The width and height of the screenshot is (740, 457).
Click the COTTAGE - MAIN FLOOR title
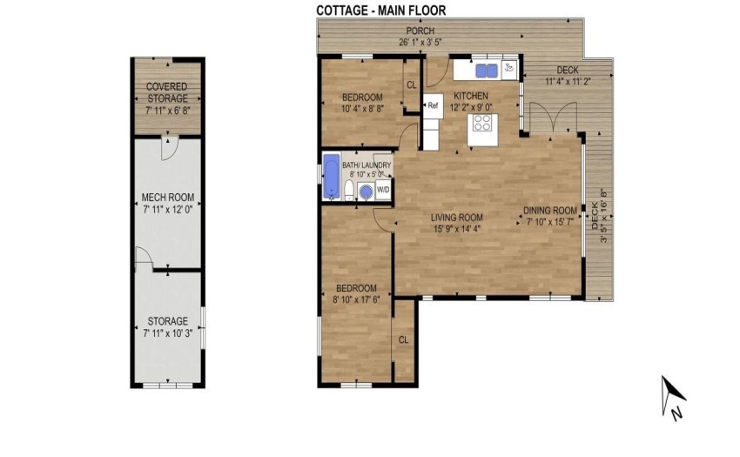coord(380,10)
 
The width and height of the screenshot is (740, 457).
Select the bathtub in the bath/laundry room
coord(332,177)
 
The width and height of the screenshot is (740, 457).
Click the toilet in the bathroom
coord(349,192)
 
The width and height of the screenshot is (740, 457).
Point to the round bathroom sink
coord(366,192)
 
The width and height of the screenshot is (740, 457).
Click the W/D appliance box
coord(383,190)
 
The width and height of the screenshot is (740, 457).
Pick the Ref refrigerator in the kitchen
coord(433,105)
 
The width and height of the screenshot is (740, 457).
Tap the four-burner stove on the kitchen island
coord(483,123)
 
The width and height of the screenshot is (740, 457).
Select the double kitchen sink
coord(487,71)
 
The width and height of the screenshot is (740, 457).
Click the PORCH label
coord(420,31)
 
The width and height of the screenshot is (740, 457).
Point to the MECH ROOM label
coord(168,198)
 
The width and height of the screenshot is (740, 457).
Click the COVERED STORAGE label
coord(167,92)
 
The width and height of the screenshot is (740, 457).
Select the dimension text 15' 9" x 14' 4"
coord(457,230)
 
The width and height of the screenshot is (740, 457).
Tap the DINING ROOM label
coord(550,211)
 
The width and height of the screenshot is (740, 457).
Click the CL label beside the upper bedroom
coord(412,85)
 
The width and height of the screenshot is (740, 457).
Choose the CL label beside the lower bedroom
coord(403,339)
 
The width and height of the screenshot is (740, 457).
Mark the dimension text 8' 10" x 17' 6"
coord(356,299)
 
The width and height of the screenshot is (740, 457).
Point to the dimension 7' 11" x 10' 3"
coord(168,333)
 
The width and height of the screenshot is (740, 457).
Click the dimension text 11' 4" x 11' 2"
coord(568,81)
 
